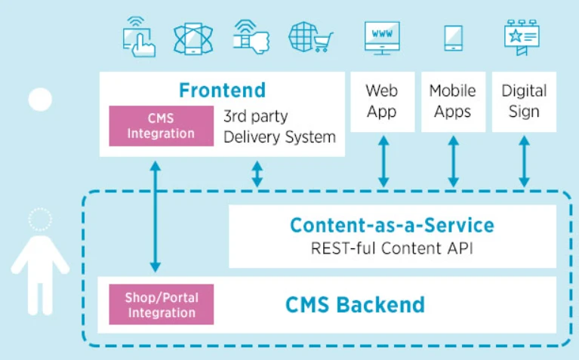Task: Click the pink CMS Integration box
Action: point(162,126)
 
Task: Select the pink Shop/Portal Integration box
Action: point(162,304)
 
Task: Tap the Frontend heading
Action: point(222,90)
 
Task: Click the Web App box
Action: point(383,102)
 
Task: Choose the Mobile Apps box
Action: point(453,102)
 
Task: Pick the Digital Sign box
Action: point(524,102)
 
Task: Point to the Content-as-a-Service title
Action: point(392,225)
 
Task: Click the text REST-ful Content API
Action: point(392,248)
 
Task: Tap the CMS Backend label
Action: point(356,305)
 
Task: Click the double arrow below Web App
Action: point(383,162)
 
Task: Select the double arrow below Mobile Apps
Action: point(454,162)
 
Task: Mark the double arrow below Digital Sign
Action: point(525,162)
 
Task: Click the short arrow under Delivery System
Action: point(257,174)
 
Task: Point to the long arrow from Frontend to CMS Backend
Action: point(156,217)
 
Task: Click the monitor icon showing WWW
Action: point(382,38)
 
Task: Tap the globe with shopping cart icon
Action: point(310,37)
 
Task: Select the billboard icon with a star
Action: point(522,38)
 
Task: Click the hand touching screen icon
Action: point(139,37)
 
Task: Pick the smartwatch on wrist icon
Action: point(251,37)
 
